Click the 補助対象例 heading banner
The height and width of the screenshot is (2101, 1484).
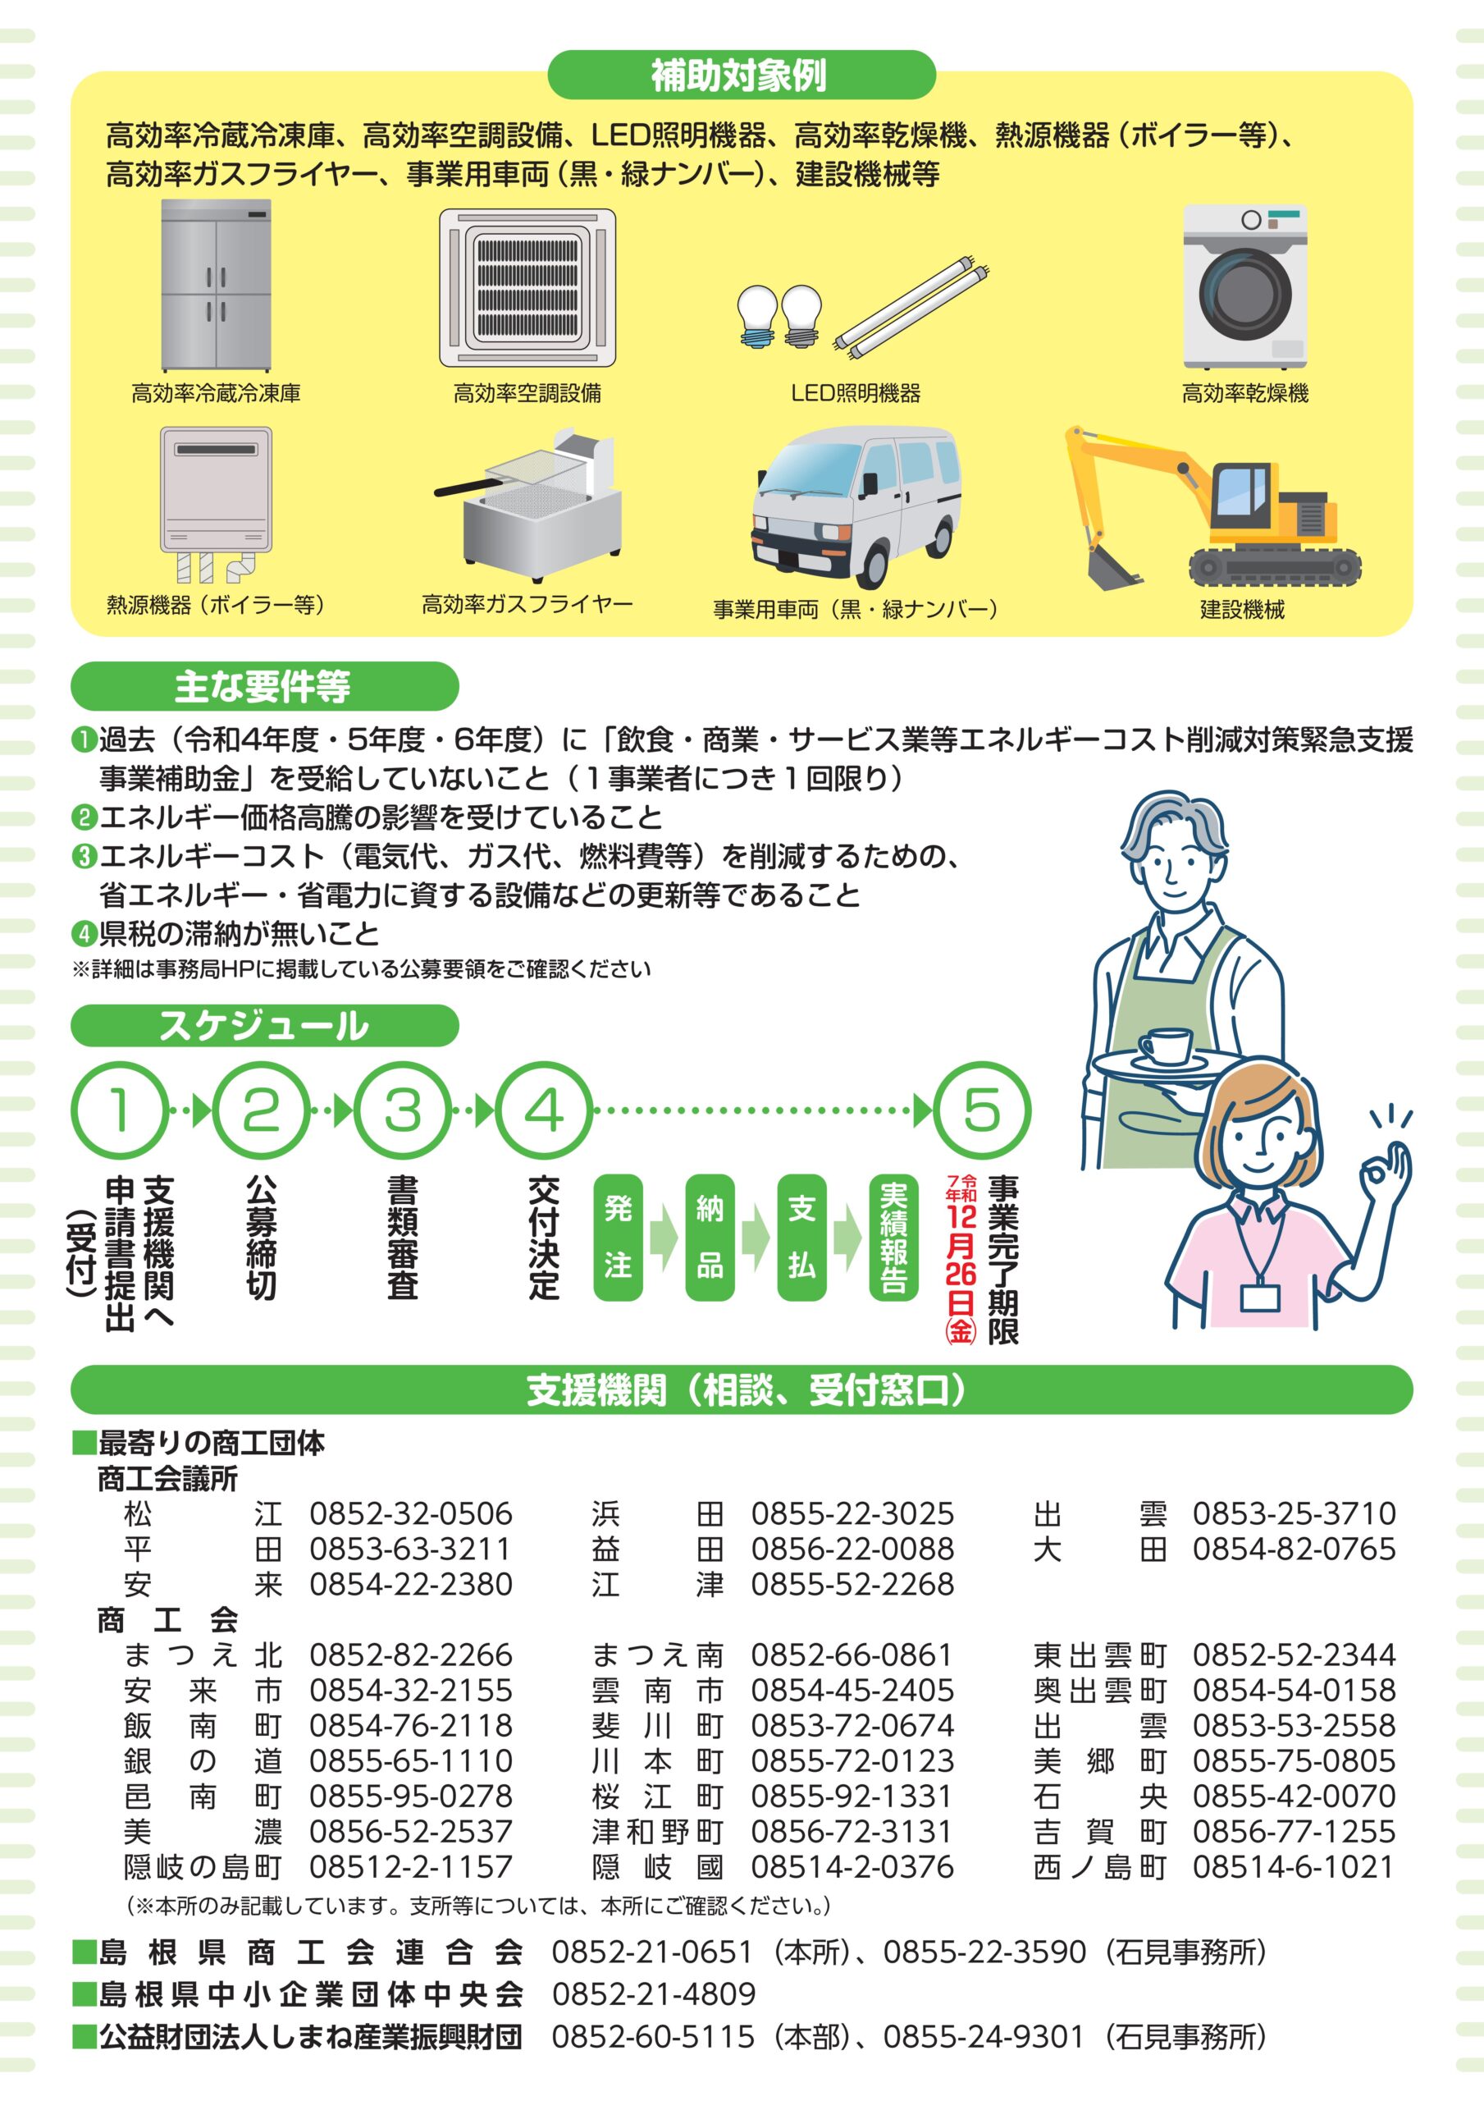coord(741,75)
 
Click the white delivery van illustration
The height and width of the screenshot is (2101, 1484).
coord(856,507)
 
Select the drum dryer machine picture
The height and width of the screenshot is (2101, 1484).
coord(1244,286)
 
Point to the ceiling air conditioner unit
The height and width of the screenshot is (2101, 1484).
coord(528,287)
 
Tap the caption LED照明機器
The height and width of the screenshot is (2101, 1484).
coord(856,393)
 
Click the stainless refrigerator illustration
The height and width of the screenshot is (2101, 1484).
coord(216,286)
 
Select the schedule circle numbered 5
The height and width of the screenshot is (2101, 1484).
coord(982,1112)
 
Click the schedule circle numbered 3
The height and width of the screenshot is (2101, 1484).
coord(403,1112)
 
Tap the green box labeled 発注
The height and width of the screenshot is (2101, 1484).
coord(619,1237)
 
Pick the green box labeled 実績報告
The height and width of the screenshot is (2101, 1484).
coord(893,1237)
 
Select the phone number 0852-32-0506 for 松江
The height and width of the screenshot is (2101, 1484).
coord(411,1513)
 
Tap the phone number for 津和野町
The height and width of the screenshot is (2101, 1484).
coord(852,1831)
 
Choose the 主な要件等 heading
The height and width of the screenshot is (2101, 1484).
coord(264,686)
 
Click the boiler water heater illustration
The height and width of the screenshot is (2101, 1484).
coord(216,504)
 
